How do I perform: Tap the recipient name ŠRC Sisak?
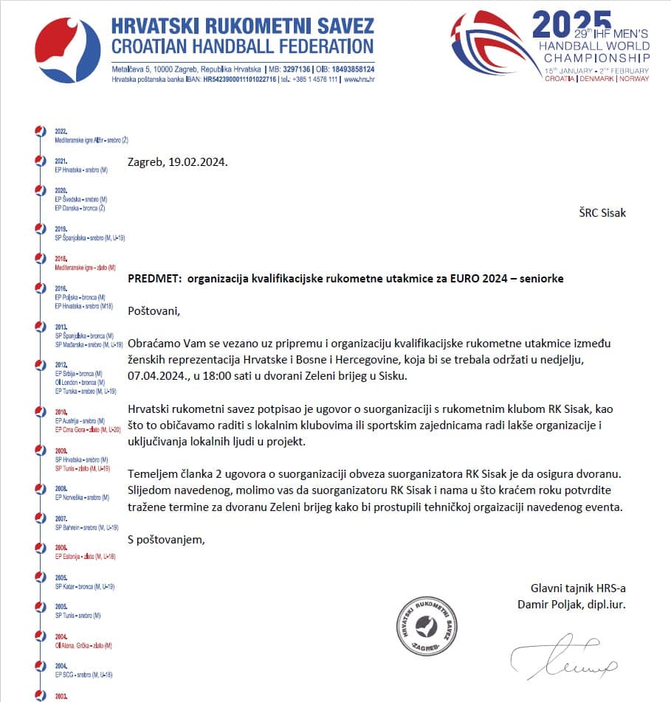coord(602,213)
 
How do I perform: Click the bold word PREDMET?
coord(155,279)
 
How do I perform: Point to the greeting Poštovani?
coord(154,310)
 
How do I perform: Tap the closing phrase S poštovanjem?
coord(166,539)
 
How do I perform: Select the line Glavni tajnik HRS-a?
coord(578,588)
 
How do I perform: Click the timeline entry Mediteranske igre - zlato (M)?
coord(85,267)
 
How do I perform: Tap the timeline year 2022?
coord(61,131)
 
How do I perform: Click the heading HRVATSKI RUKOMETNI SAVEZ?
coord(242,27)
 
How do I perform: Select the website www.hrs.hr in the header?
coord(359,79)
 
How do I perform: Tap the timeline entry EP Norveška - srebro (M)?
coord(82,497)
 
